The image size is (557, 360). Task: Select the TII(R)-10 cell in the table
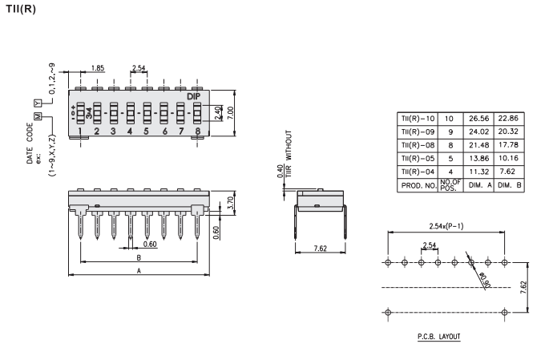(415, 118)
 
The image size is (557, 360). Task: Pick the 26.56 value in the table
(478, 118)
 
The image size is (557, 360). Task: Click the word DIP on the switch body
(193, 96)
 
